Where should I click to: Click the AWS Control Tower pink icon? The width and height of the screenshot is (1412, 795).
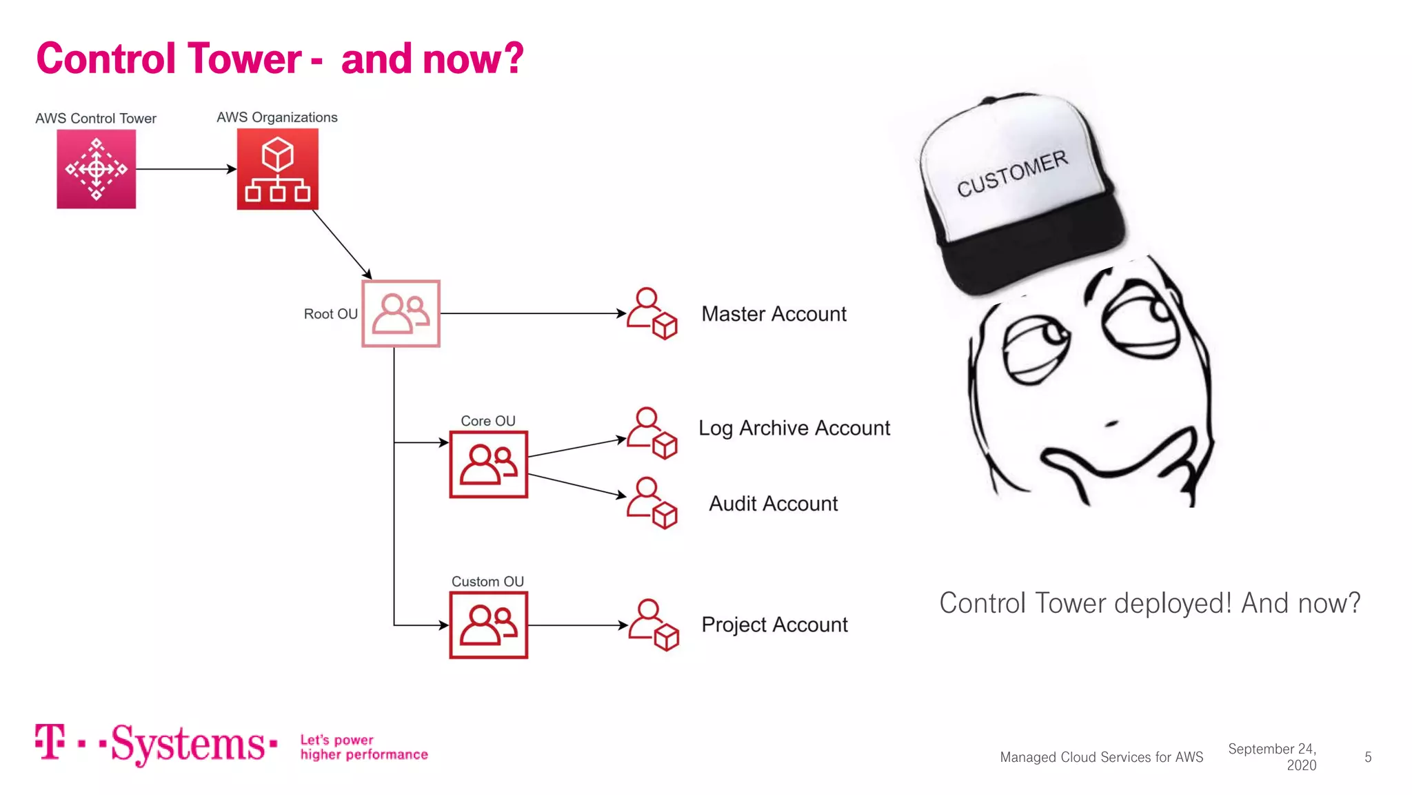(96, 169)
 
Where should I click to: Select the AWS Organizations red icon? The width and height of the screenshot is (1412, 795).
(277, 169)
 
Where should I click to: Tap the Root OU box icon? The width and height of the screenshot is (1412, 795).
(401, 313)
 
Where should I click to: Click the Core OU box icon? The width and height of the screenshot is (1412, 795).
(488, 464)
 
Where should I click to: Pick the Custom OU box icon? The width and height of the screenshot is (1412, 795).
(488, 625)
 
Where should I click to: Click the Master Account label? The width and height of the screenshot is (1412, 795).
(774, 314)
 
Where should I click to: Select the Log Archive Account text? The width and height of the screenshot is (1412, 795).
(794, 428)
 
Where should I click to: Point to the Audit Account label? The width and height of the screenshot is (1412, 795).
(773, 504)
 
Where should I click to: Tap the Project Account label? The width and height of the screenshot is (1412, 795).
(774, 625)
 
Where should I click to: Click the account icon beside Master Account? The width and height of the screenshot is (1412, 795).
(652, 314)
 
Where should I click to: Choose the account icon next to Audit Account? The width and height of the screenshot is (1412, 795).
(652, 503)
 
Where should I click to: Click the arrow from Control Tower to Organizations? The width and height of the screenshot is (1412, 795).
(186, 169)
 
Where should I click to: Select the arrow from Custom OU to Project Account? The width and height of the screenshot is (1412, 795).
(578, 625)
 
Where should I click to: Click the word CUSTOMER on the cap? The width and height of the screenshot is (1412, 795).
(1012, 173)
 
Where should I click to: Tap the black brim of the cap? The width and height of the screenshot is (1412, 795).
(1034, 248)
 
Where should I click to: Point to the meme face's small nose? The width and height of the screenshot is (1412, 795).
(1111, 423)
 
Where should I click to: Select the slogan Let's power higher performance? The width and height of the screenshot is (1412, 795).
(363, 747)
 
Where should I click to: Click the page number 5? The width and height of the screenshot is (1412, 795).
(1368, 757)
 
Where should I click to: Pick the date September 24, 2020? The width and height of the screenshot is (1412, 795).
(1273, 757)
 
